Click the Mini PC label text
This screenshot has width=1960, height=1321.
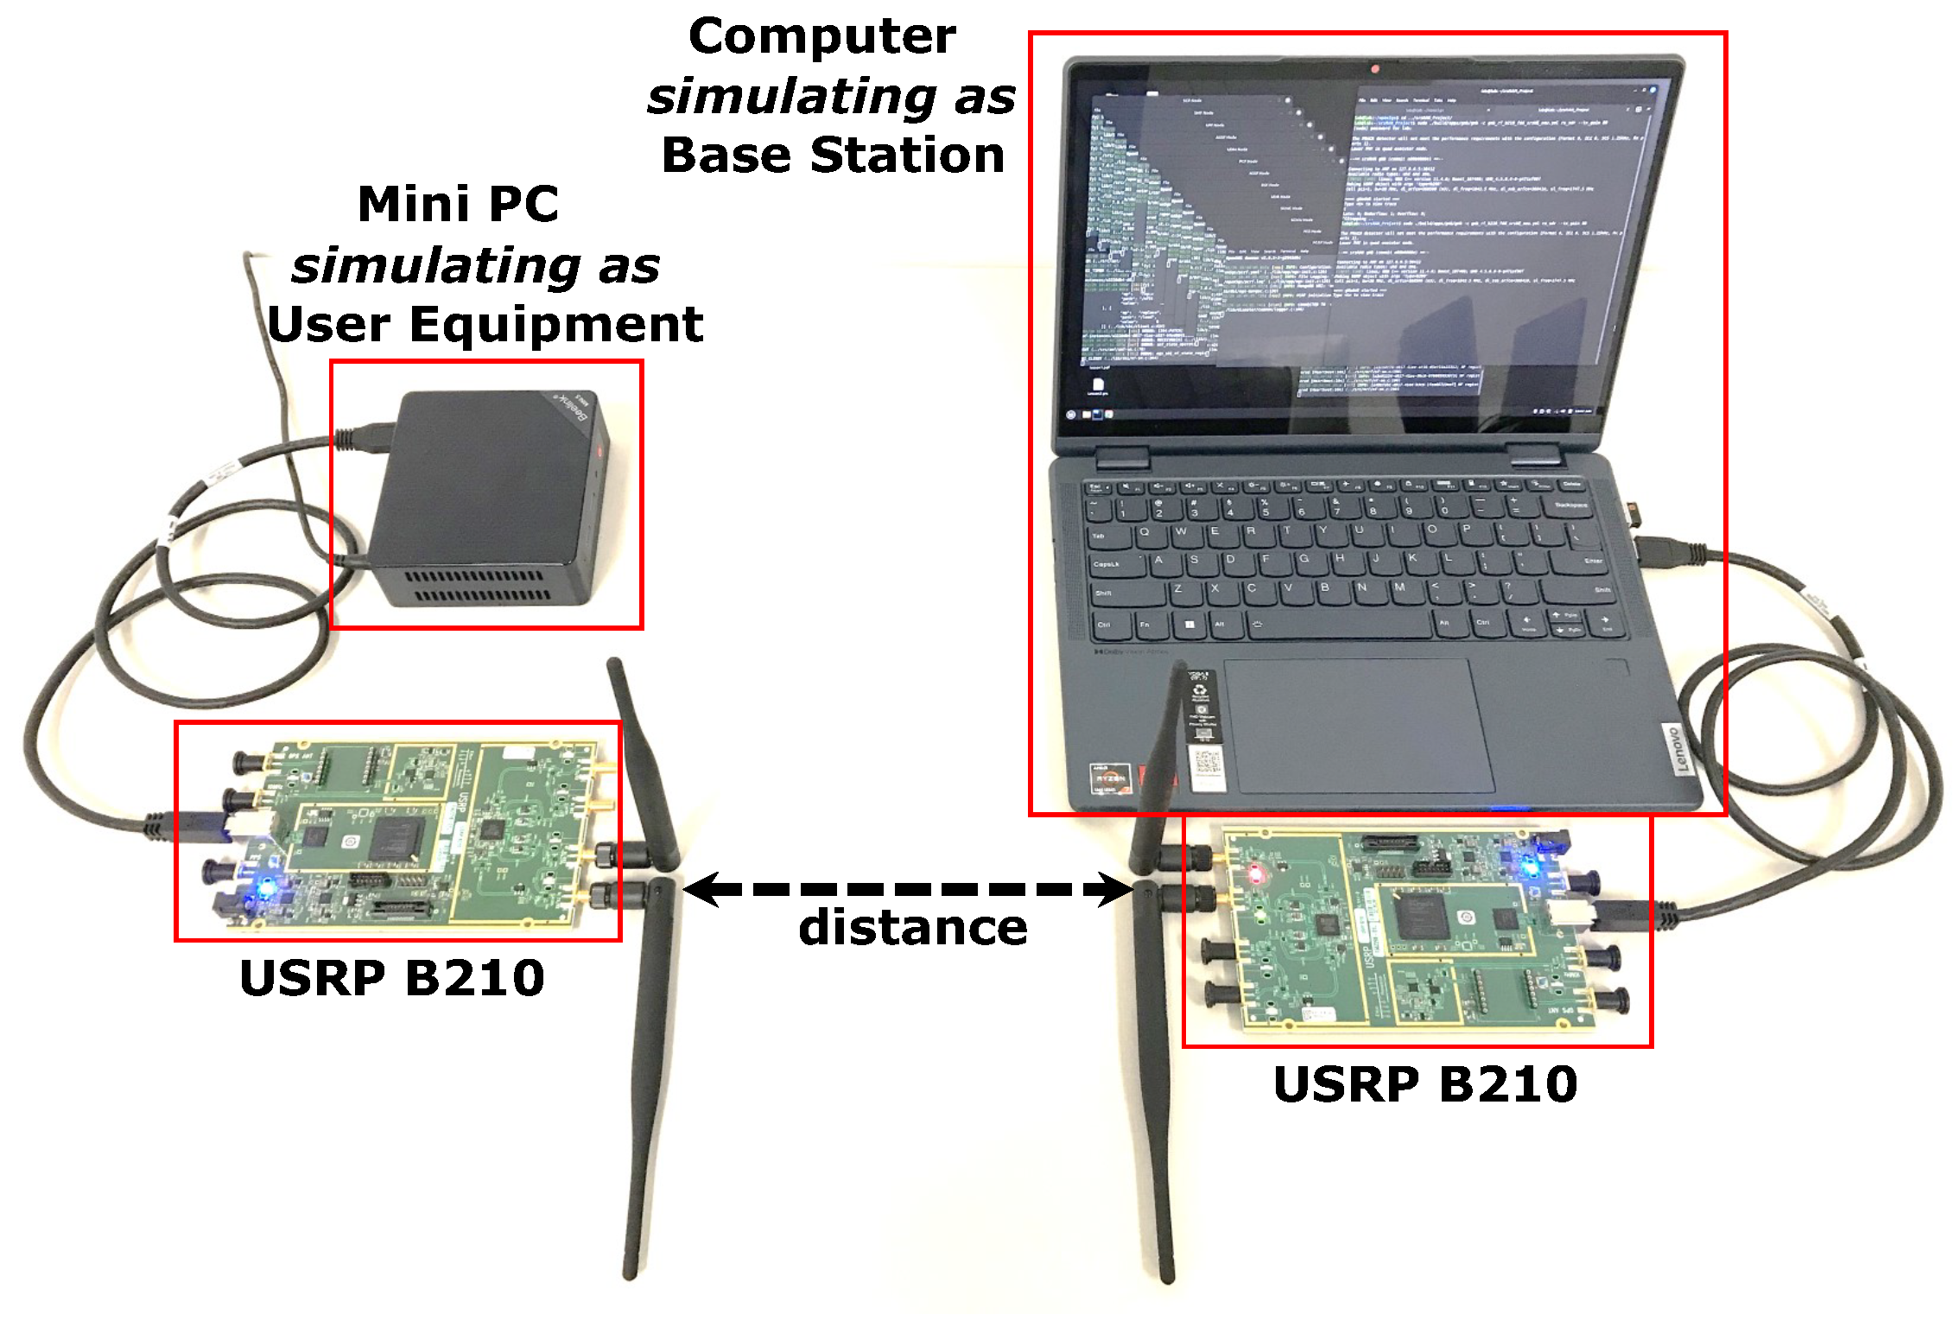coord(458,205)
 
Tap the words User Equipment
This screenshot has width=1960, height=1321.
coord(485,325)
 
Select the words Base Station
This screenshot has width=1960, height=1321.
coord(833,156)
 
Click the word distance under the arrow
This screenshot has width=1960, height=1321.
coord(912,928)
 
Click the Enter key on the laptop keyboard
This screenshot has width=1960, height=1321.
coord(1590,561)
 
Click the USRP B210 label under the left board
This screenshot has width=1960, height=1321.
coord(391,978)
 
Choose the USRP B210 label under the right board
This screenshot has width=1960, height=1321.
coord(1424,1084)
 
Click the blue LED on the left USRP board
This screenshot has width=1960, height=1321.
coord(266,887)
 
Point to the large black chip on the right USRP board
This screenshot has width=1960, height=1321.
coord(1418,916)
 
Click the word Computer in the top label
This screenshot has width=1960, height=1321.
coord(821,37)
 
